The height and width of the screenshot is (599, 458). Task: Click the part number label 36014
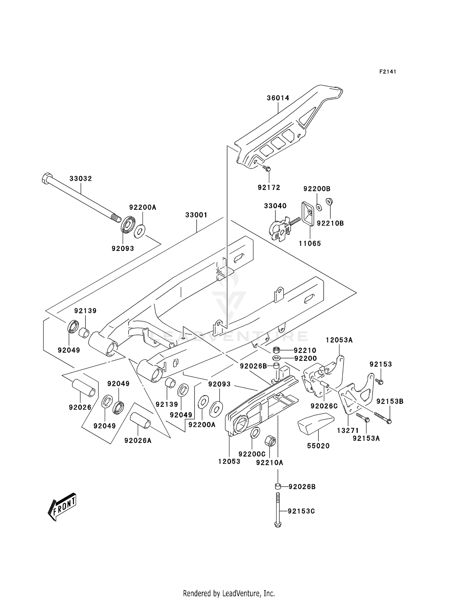point(278,98)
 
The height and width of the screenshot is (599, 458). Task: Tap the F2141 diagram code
point(387,72)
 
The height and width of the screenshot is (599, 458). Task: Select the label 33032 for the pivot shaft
point(81,179)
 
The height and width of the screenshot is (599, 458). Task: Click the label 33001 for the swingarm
point(196,215)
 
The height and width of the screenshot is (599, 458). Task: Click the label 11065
point(310,243)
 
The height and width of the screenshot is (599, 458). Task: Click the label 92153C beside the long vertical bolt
point(301,511)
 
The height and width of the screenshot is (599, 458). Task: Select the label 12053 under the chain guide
point(229,461)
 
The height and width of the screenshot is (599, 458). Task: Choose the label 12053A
point(339,340)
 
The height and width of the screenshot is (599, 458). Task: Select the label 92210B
point(330,223)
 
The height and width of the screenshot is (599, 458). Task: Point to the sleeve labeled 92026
point(84,388)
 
